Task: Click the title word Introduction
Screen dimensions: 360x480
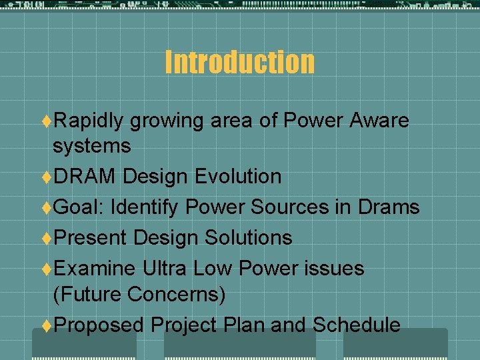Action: coord(239,62)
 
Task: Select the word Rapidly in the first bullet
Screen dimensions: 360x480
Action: coord(89,121)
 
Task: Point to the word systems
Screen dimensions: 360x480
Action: coord(92,145)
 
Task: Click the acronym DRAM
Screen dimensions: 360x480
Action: coord(85,177)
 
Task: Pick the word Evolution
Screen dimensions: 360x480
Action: coord(238,177)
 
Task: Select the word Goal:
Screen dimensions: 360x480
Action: coord(79,207)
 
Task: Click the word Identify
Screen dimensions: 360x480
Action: coord(145,207)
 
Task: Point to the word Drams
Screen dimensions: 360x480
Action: coord(389,207)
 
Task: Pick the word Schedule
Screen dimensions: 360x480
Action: coord(357,325)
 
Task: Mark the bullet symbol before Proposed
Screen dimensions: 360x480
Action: coord(47,325)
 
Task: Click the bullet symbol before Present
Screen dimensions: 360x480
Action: coord(47,238)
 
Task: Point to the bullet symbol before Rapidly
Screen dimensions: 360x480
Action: coord(47,121)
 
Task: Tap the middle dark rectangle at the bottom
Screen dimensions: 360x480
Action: coord(240,345)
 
